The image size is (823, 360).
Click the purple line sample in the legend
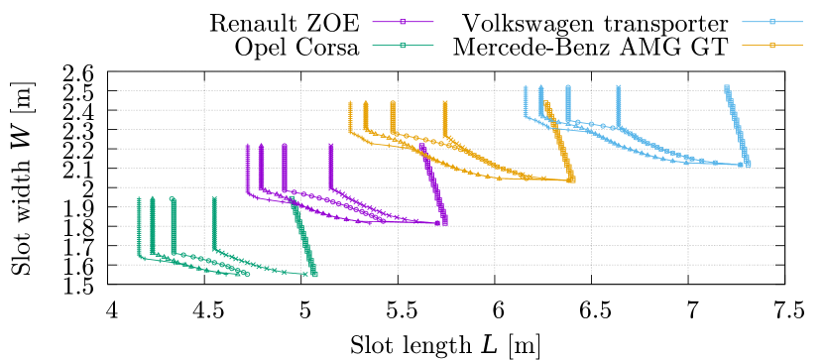[x=403, y=22]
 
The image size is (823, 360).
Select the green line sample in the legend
[x=403, y=46]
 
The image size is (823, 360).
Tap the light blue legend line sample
[x=771, y=22]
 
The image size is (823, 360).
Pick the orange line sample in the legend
[x=771, y=46]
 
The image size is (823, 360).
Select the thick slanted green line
[x=303, y=238]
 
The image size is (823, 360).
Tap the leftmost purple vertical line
[x=247, y=169]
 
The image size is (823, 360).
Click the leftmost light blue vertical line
[x=525, y=100]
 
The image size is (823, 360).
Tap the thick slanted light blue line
[x=738, y=124]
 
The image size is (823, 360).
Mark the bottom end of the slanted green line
[x=314, y=274]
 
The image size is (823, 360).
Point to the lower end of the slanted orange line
[x=572, y=180]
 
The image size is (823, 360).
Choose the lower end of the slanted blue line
[x=749, y=164]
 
